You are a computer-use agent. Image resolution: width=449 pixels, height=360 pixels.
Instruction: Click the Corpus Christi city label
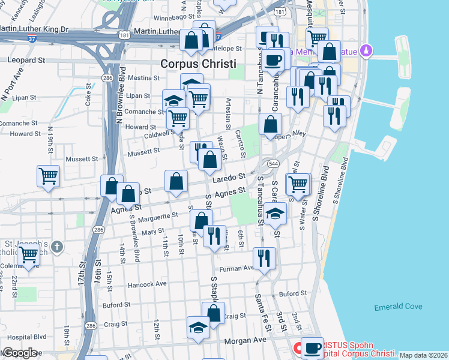pyautogui.click(x=198, y=64)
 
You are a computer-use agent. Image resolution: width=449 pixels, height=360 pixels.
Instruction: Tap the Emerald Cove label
pyautogui.click(x=399, y=307)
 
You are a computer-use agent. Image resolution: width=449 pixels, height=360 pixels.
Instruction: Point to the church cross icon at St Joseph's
pyautogui.click(x=56, y=246)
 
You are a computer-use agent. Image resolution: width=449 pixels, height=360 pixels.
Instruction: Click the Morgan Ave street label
pyautogui.click(x=244, y=340)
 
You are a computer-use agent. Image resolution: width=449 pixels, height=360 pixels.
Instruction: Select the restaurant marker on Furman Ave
pyautogui.click(x=264, y=258)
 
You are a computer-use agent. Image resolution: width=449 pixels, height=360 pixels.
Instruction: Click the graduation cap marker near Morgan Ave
pyautogui.click(x=198, y=328)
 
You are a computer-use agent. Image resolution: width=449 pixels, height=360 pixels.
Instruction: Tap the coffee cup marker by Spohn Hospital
pyautogui.click(x=312, y=347)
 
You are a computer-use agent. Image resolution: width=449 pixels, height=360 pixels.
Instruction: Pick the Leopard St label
pyautogui.click(x=26, y=60)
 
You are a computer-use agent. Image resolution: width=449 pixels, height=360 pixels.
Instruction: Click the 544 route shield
pyautogui.click(x=274, y=163)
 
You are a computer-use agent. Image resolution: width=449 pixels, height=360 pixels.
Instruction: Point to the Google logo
pyautogui.click(x=19, y=352)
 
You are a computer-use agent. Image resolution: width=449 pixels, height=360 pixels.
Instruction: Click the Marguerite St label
pyautogui.click(x=158, y=215)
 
